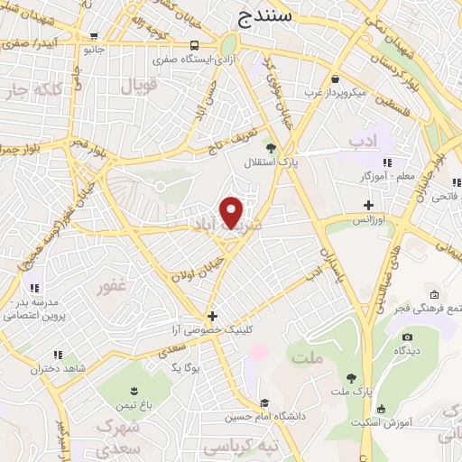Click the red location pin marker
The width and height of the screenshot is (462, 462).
point(232,211)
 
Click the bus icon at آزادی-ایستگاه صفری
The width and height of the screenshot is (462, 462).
point(196,45)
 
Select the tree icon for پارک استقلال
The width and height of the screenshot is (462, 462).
point(269,145)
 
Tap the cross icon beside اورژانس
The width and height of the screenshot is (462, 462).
point(369,206)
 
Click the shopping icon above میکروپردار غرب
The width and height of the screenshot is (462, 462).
point(335,79)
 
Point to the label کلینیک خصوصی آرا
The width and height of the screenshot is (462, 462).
point(213,330)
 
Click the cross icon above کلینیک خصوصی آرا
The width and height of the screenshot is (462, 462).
point(212,316)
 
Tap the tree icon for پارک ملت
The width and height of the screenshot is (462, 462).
point(350,378)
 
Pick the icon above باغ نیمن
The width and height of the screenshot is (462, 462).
point(134,391)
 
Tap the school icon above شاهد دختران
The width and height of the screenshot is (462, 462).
point(58,356)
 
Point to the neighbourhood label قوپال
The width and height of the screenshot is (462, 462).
point(137,87)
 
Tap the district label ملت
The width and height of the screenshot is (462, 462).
point(308,358)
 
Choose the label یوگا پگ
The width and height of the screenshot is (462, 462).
point(183,367)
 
